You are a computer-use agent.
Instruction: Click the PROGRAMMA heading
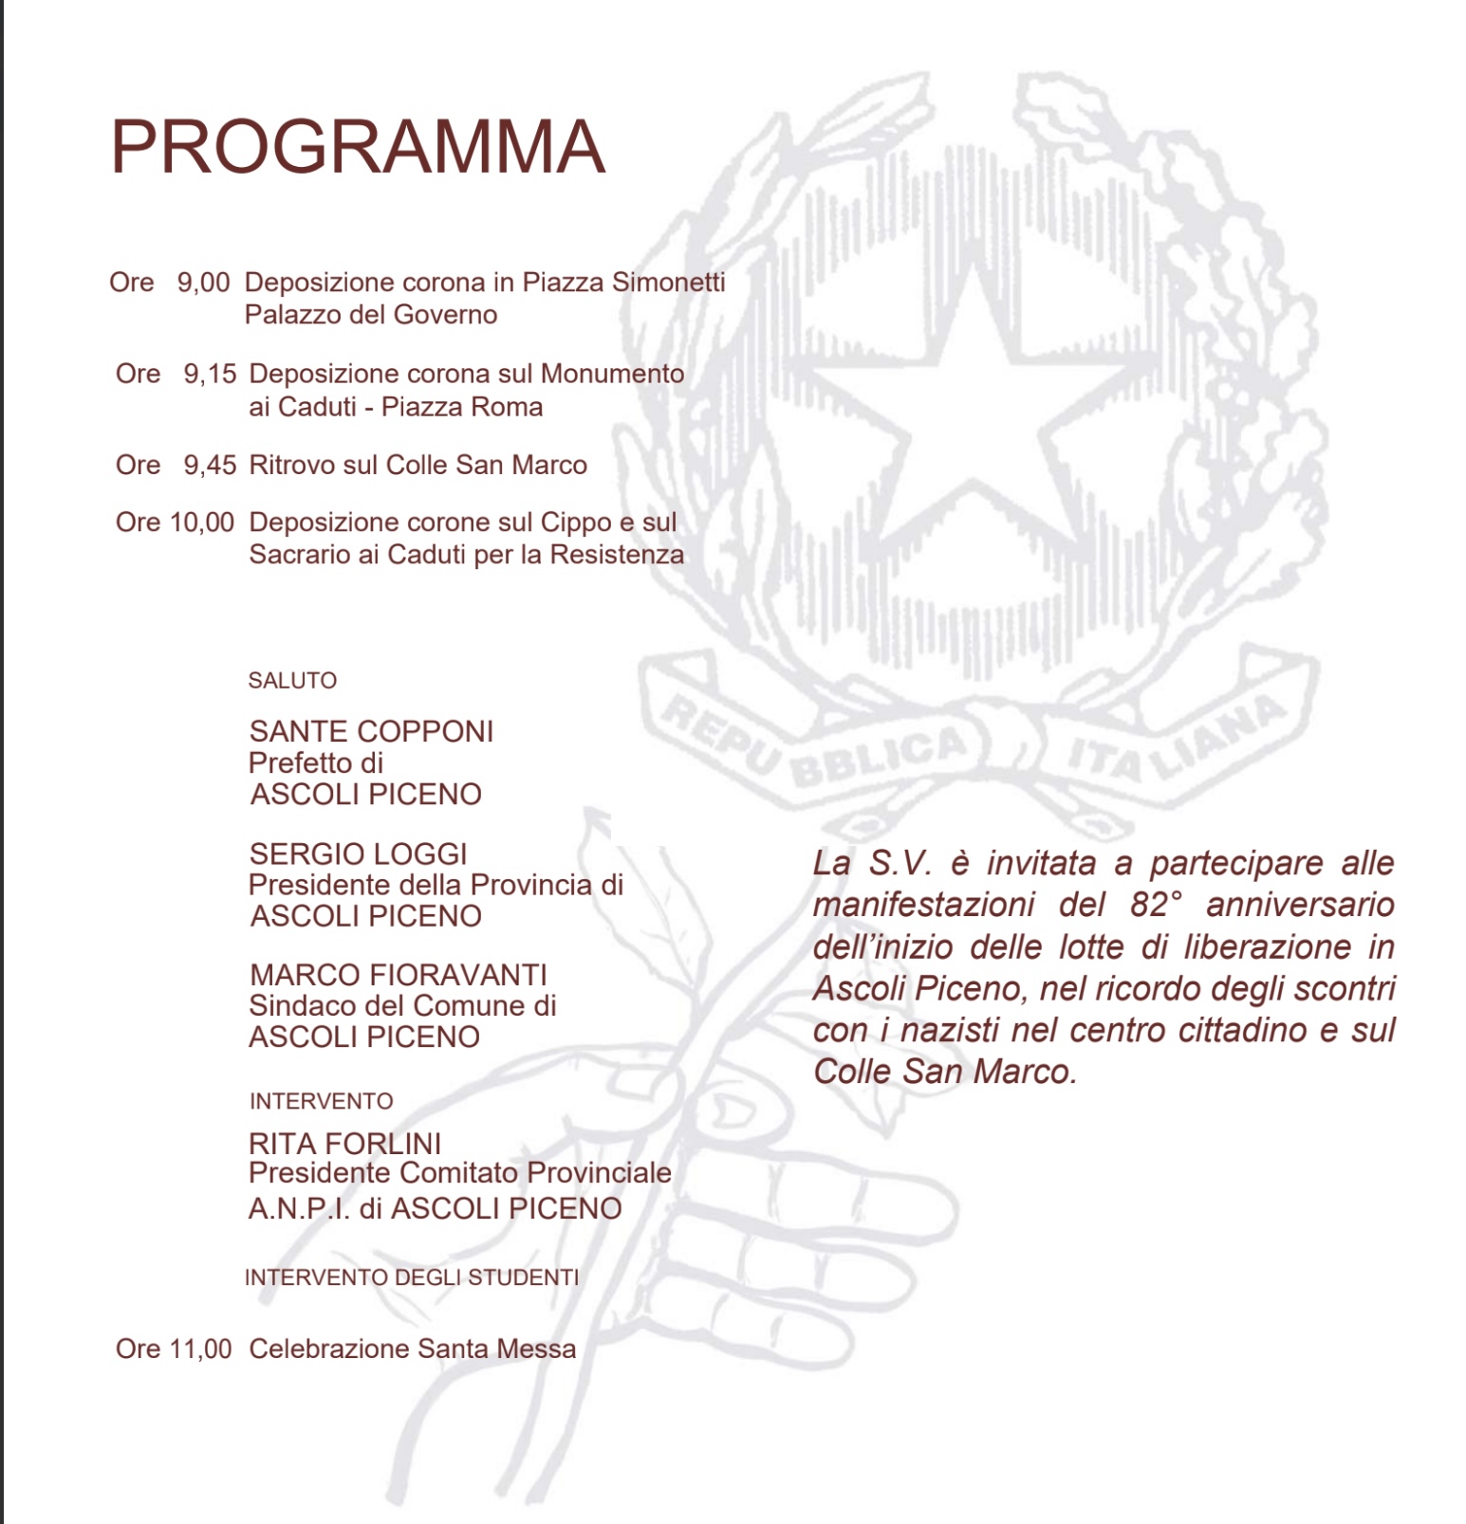358,147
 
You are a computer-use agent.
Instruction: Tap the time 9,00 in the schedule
203,283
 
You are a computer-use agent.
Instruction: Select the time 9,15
210,374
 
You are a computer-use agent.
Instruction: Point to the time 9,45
210,465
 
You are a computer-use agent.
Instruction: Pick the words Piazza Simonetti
623,283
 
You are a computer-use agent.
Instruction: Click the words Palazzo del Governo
371,315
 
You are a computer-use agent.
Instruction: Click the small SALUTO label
292,680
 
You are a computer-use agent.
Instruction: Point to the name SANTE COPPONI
371,731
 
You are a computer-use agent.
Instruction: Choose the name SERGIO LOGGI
358,854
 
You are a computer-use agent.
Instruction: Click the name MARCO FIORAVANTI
399,975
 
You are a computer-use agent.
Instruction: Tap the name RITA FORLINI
344,1144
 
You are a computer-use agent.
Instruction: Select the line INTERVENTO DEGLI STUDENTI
412,1277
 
